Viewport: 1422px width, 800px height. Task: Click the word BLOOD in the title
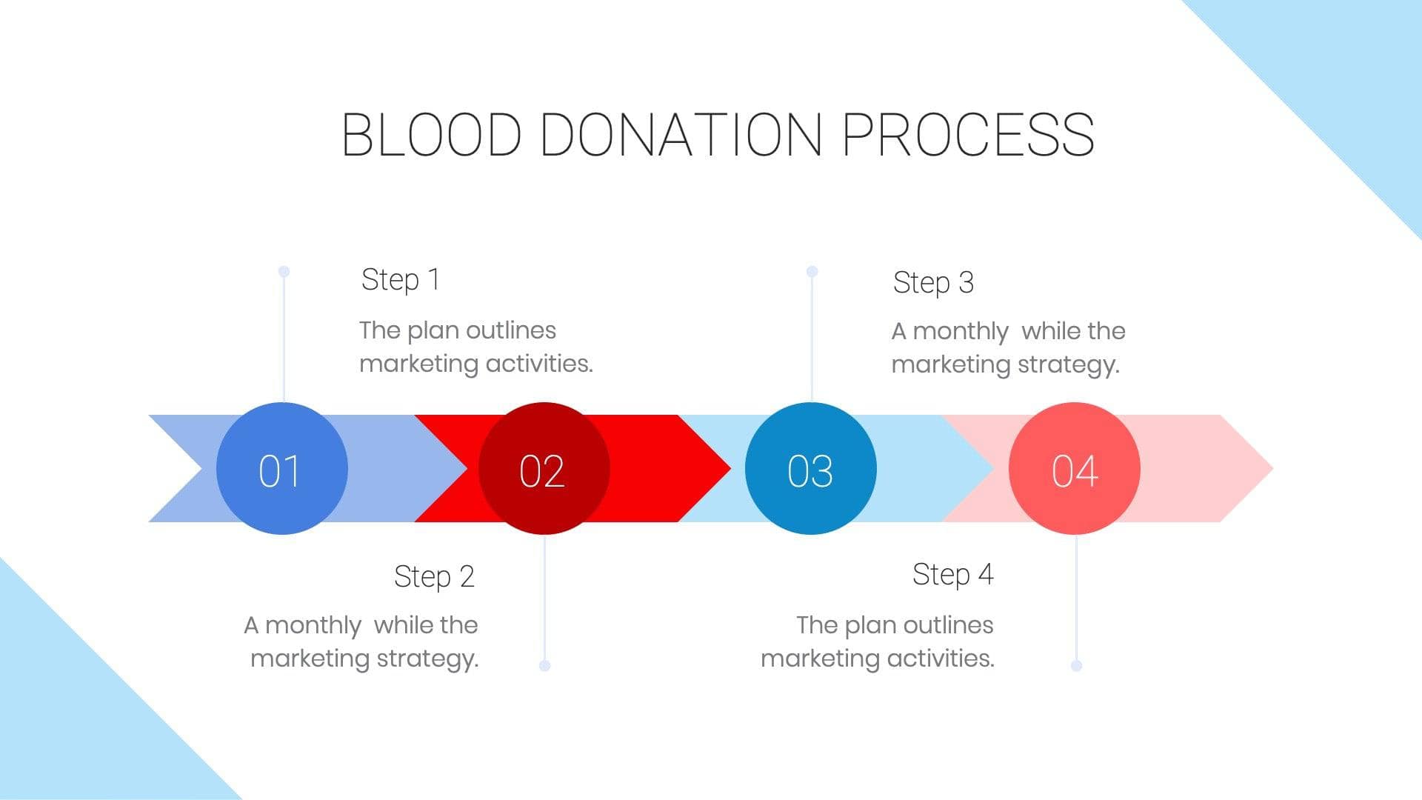pos(431,135)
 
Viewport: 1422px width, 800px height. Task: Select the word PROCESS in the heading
pos(968,135)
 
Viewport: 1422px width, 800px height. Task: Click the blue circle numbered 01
pos(281,468)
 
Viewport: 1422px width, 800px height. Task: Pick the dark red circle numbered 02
pos(544,468)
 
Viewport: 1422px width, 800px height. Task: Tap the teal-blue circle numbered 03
pos(810,468)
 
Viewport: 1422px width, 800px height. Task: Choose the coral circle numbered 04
pos(1074,468)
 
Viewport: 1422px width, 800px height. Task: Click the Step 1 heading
pos(400,280)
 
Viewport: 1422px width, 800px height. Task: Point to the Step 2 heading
pos(434,576)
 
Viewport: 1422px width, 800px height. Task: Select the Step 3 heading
pos(933,283)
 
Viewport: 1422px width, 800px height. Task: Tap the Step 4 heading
pos(952,575)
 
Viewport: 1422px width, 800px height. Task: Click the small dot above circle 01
pos(284,272)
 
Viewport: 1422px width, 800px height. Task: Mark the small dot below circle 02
pos(545,665)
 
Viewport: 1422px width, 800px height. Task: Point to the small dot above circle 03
pos(812,272)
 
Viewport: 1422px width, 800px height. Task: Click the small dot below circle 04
pos(1076,665)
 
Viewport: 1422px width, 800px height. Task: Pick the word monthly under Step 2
pos(313,626)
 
